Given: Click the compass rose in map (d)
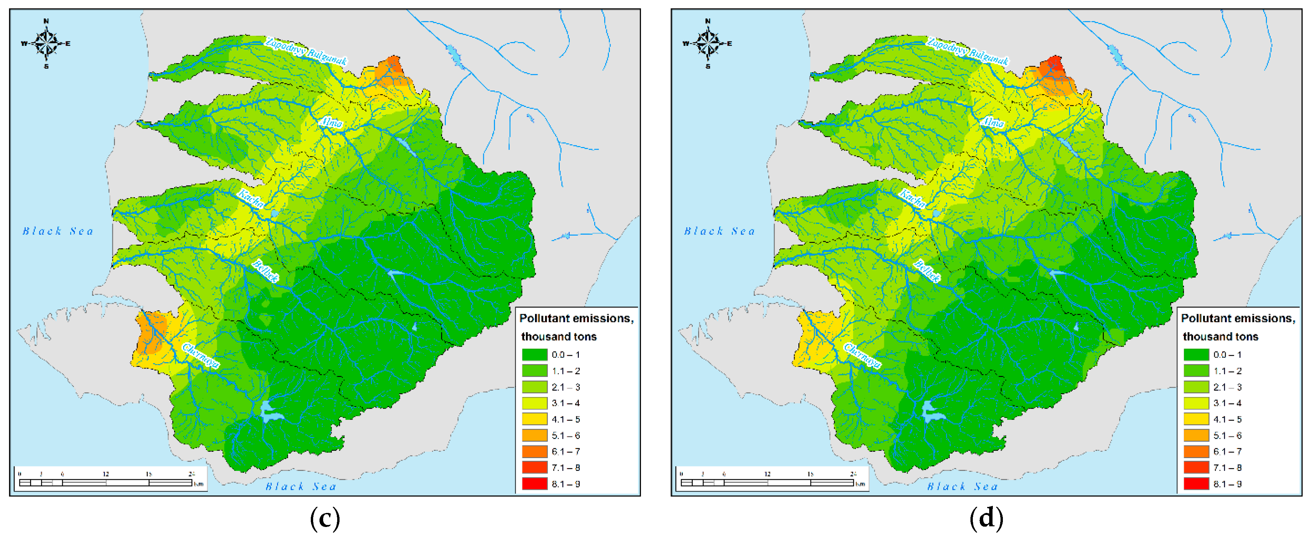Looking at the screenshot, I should tap(707, 43).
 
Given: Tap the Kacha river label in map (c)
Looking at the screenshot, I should tap(250, 199).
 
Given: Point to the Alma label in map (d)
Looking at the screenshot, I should tap(993, 122).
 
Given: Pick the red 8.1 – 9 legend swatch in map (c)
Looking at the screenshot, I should tap(534, 484).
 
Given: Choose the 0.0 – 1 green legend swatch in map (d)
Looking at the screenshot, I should tap(1196, 355).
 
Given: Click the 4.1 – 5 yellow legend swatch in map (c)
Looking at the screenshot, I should tap(534, 419).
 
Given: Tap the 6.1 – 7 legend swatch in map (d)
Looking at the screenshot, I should tap(1196, 451).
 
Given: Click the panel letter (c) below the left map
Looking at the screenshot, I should tap(325, 519).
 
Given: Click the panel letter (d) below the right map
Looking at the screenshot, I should tap(986, 519).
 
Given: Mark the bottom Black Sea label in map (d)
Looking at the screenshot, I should tap(962, 487).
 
